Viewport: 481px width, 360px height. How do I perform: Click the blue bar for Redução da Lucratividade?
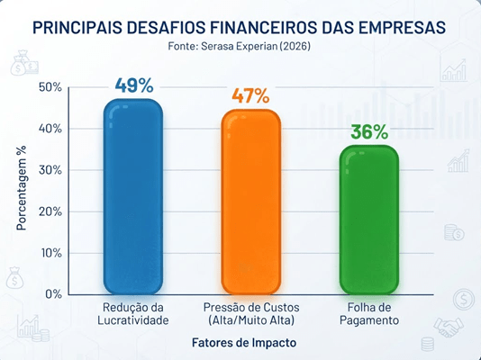coord(133,197)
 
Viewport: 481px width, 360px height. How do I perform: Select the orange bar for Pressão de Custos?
coord(251,202)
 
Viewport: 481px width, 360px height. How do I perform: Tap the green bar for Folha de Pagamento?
coord(369,220)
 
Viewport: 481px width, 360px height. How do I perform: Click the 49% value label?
coord(134,85)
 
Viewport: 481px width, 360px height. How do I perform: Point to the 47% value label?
coord(250,95)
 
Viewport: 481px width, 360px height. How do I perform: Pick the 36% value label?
coord(369,131)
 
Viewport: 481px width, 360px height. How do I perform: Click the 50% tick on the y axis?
coord(50,87)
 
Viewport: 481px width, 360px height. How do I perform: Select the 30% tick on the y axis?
coord(50,170)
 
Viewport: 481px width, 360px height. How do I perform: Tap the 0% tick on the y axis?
coord(54,294)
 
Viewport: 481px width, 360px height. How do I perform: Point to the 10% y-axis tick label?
coord(51,253)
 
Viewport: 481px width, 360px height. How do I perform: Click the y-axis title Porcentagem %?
coord(22,188)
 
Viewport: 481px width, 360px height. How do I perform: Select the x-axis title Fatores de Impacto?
coord(244,343)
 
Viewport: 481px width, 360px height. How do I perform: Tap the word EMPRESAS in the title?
coord(402,27)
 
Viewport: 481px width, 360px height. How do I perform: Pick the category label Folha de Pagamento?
coord(369,314)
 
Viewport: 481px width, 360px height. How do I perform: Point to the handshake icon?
coord(449,327)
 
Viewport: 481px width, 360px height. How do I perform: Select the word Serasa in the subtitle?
coord(215,46)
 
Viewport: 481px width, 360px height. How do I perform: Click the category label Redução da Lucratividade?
coord(133,314)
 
